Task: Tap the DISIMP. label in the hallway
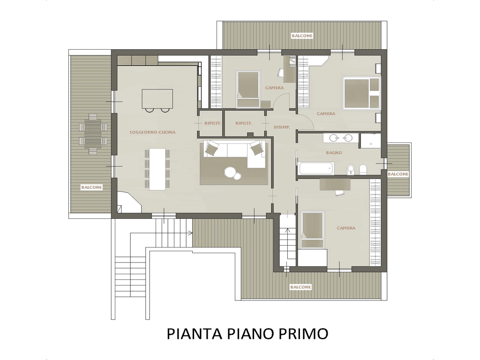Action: [x=282, y=127]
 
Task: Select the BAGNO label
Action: [x=334, y=152]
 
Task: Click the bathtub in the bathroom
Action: [x=316, y=169]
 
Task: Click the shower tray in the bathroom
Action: [x=370, y=141]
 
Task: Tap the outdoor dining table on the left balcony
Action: [x=92, y=134]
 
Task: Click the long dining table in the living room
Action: [x=157, y=169]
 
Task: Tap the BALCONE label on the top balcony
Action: [x=302, y=36]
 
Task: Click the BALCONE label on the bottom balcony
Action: [x=300, y=287]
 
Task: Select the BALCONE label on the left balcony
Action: [x=91, y=187]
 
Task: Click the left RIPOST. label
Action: [x=213, y=123]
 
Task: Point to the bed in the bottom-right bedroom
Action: [x=313, y=230]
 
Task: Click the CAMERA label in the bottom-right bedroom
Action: [x=346, y=228]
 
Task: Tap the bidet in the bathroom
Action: [x=351, y=169]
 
